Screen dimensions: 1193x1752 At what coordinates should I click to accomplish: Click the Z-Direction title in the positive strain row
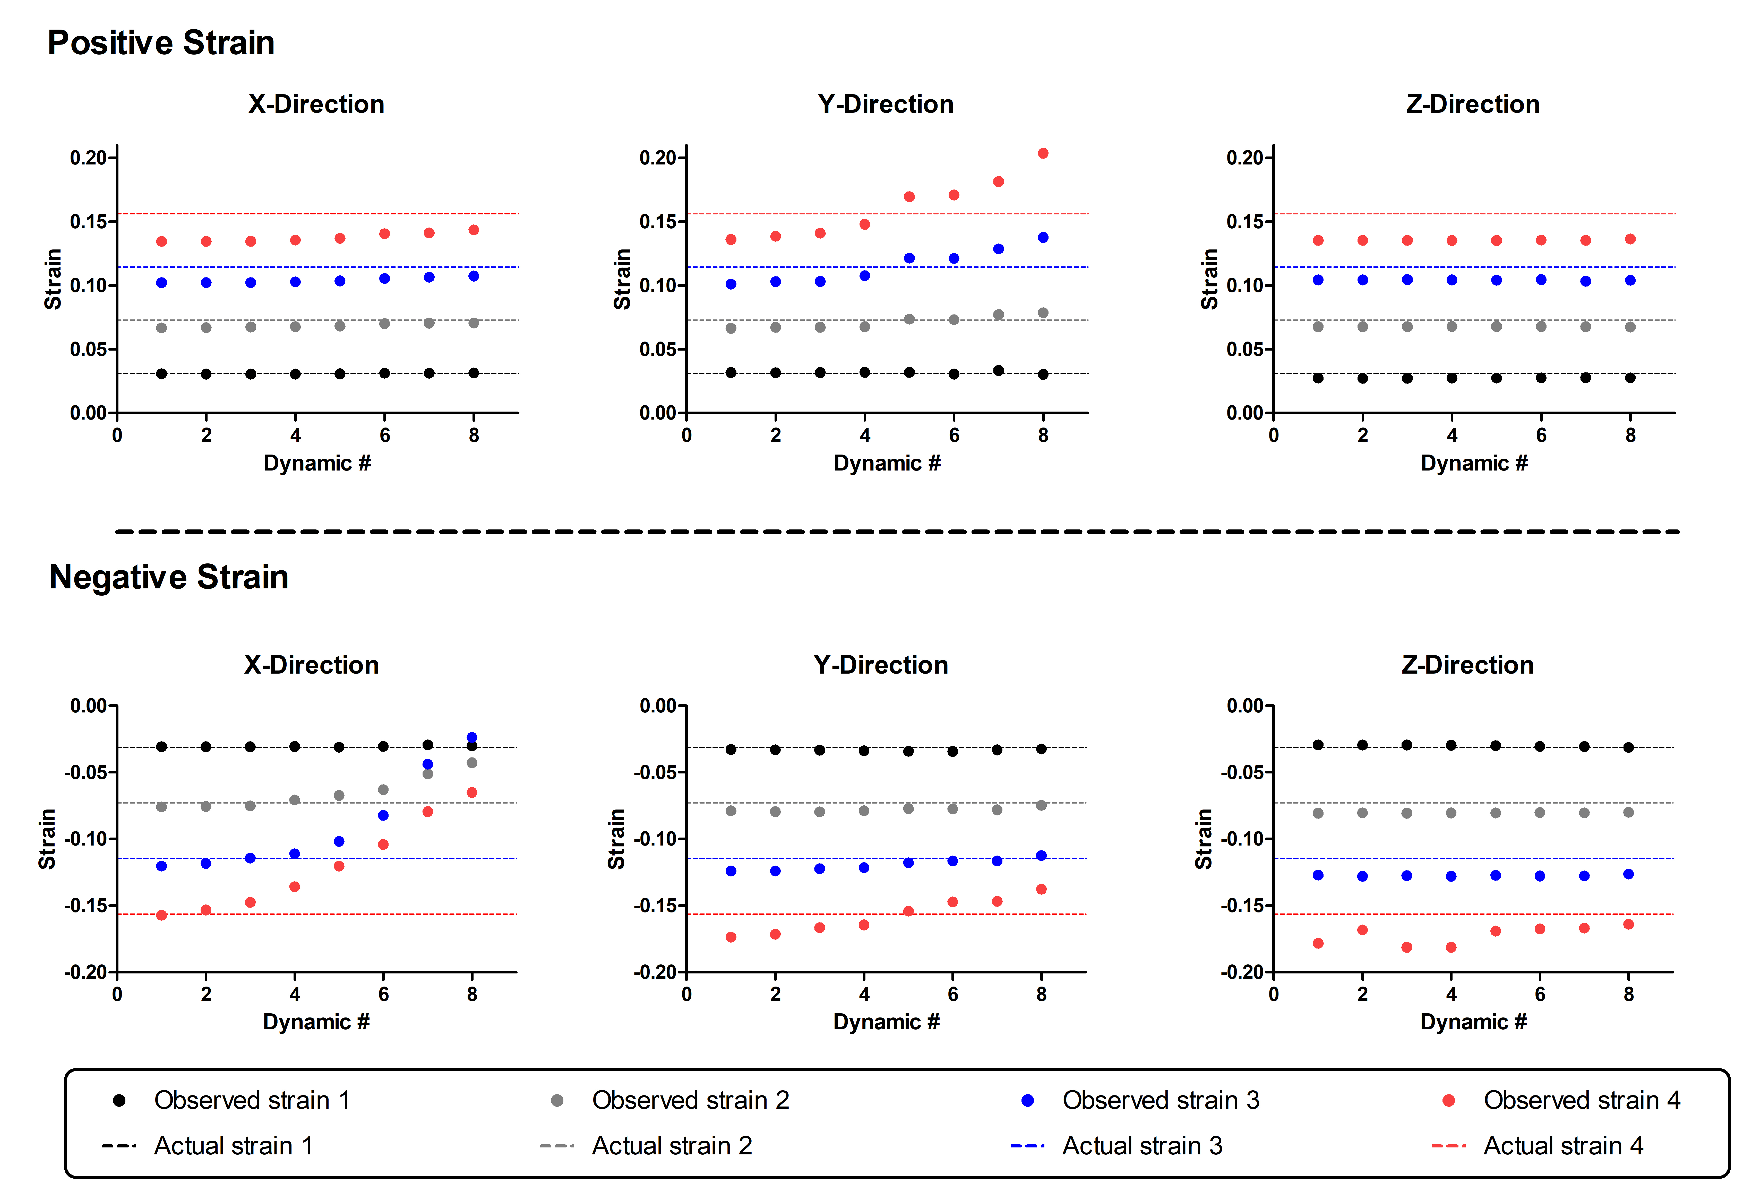pyautogui.click(x=1472, y=104)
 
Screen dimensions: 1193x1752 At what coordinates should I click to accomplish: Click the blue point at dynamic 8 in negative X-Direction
pyautogui.click(x=472, y=738)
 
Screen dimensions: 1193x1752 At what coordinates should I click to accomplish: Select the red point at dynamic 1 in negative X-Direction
pyautogui.click(x=161, y=915)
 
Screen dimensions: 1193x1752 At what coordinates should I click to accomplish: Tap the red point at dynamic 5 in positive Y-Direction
pyautogui.click(x=909, y=197)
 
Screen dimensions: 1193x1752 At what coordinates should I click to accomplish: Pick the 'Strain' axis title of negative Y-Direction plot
pyautogui.click(x=617, y=839)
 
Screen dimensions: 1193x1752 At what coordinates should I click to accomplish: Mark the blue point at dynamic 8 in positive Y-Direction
pyautogui.click(x=1043, y=237)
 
